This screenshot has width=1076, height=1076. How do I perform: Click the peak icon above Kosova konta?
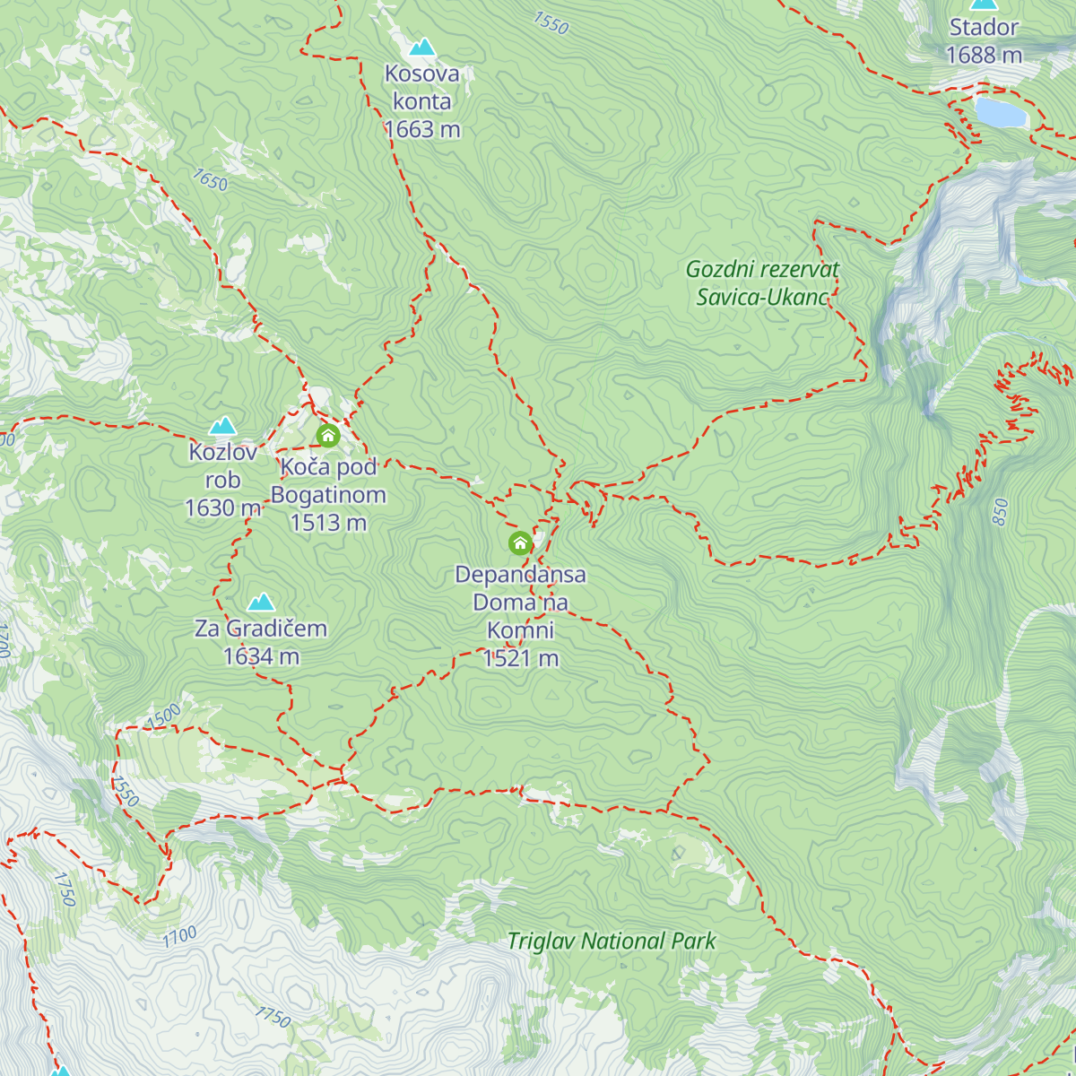pyautogui.click(x=421, y=48)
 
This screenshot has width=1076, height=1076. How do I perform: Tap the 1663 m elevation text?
pyautogui.click(x=421, y=130)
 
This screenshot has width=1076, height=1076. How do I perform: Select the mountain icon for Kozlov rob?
pyautogui.click(x=222, y=426)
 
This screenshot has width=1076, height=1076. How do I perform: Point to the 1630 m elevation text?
pyautogui.click(x=222, y=508)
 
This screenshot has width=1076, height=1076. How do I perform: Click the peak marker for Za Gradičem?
pyautogui.click(x=261, y=602)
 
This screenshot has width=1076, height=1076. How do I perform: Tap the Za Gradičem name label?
pyautogui.click(x=261, y=629)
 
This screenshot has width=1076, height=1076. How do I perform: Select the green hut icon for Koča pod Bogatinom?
pyautogui.click(x=328, y=437)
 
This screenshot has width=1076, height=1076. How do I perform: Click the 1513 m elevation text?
pyautogui.click(x=328, y=523)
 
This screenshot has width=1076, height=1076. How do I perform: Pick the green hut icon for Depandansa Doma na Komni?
pyautogui.click(x=520, y=543)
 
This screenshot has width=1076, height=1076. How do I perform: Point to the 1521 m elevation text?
pyautogui.click(x=520, y=659)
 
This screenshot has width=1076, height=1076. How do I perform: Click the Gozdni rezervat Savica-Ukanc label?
pyautogui.click(x=762, y=283)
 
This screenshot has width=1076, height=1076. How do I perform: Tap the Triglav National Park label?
pyautogui.click(x=612, y=941)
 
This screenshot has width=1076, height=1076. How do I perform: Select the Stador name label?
pyautogui.click(x=984, y=28)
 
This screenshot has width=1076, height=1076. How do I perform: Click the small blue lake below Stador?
pyautogui.click(x=1000, y=113)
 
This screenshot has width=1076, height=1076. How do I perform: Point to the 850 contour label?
pyautogui.click(x=1001, y=512)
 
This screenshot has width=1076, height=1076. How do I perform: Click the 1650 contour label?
pyautogui.click(x=210, y=180)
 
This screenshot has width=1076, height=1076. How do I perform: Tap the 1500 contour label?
pyautogui.click(x=163, y=716)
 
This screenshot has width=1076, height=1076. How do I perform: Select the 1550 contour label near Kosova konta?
pyautogui.click(x=551, y=23)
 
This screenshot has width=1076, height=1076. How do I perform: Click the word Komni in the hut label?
pyautogui.click(x=520, y=630)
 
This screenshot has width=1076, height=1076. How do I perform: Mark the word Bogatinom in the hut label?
pyautogui.click(x=328, y=495)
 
